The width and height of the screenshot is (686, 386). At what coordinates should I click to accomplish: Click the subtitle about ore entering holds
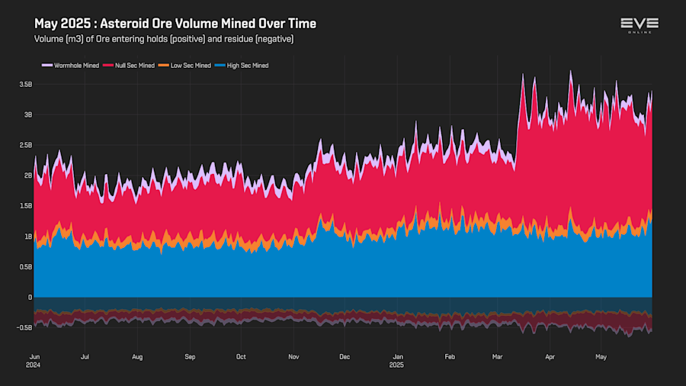tap(164, 38)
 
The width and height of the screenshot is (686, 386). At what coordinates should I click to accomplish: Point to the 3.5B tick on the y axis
tap(26, 84)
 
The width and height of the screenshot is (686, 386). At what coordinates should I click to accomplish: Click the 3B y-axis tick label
tap(28, 114)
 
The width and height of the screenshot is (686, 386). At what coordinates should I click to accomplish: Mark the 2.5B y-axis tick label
tap(26, 145)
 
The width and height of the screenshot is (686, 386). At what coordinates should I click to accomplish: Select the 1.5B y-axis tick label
tap(26, 206)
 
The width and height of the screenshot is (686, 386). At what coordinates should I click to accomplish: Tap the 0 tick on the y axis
tap(30, 298)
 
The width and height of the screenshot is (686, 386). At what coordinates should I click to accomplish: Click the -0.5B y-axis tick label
tap(25, 328)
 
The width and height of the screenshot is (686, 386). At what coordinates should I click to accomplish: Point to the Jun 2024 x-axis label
tap(34, 360)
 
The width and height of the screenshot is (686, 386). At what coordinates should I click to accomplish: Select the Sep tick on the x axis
tap(190, 356)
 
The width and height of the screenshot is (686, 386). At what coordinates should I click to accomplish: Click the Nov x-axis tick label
tap(293, 356)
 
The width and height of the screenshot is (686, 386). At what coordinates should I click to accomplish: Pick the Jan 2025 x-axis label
tap(397, 360)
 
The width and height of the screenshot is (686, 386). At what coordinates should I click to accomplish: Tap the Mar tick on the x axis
tap(497, 356)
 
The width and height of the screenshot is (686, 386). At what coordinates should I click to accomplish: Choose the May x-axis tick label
tap(601, 356)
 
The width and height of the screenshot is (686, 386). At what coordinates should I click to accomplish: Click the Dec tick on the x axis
tap(345, 356)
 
